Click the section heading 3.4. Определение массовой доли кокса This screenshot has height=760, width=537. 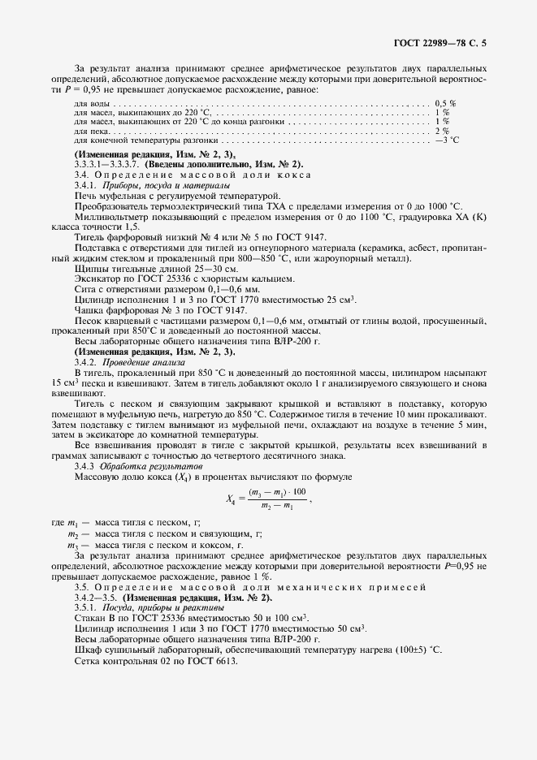(191, 175)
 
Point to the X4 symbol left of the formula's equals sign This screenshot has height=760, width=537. (228, 501)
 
